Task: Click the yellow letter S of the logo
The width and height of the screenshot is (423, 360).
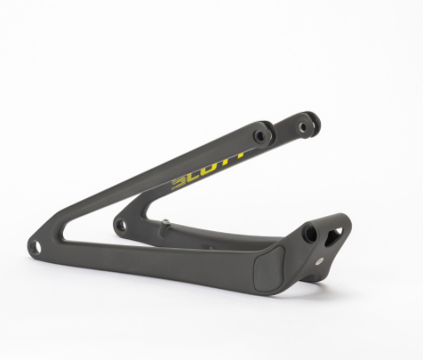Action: click(x=178, y=184)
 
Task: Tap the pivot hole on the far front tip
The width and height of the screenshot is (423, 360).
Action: click(x=121, y=225)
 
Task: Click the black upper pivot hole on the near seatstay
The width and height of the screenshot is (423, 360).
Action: click(x=259, y=136)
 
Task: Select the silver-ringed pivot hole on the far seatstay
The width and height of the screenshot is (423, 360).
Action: click(x=302, y=127)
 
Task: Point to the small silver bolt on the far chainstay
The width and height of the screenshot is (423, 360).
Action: click(x=166, y=221)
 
